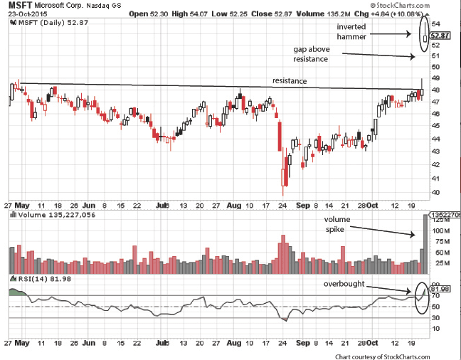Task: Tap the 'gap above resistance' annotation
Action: click(x=311, y=54)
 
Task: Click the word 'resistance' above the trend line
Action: click(x=290, y=81)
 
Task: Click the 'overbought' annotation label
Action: click(x=344, y=283)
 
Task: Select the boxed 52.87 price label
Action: click(x=441, y=35)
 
